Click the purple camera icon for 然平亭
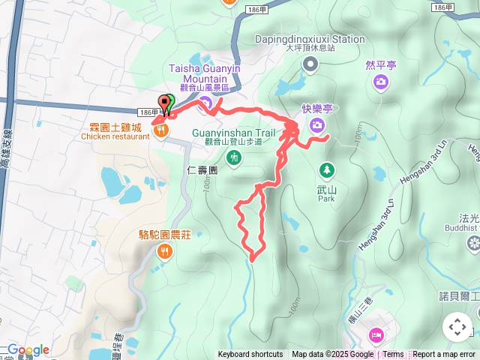pyautogui.click(x=381, y=81)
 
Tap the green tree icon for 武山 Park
pyautogui.click(x=326, y=169)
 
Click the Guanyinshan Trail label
pyautogui.click(x=235, y=133)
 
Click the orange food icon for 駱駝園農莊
pyautogui.click(x=164, y=252)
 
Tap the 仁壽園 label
pyautogui.click(x=202, y=171)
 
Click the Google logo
pyautogui.click(x=28, y=350)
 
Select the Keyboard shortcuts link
pyautogui.click(x=250, y=355)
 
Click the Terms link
pyautogui.click(x=394, y=355)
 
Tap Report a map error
pyautogui.click(x=444, y=355)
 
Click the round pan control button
pyautogui.click(x=457, y=327)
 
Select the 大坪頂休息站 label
pyautogui.click(x=310, y=48)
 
